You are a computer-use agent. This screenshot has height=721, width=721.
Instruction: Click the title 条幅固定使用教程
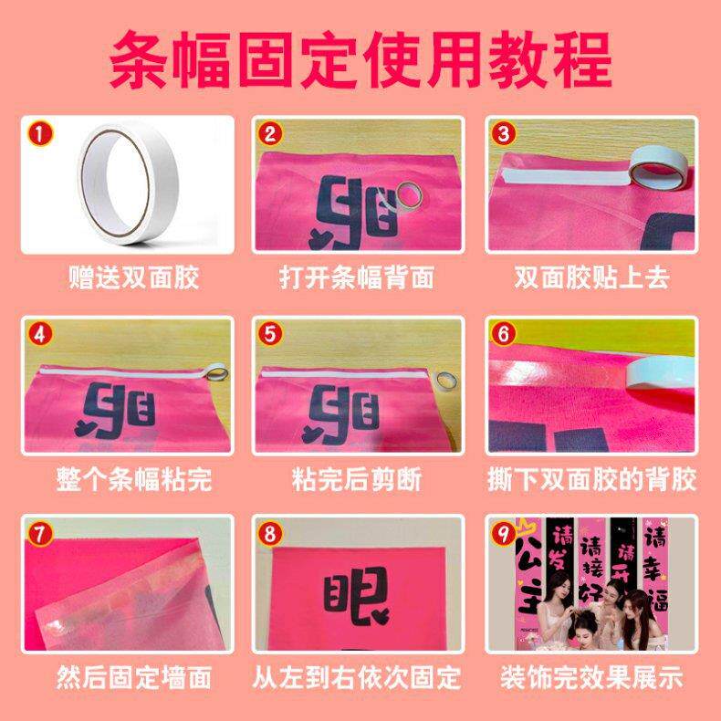tap(360, 57)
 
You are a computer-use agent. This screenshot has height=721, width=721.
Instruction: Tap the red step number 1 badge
tap(38, 134)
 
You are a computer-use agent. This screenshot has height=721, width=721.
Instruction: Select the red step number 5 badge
tap(268, 334)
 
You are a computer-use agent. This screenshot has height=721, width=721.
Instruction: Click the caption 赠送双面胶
tap(133, 277)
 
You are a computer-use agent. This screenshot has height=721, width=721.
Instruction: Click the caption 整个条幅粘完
tap(133, 476)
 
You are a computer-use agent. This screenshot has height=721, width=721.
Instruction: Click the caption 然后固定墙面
tap(133, 677)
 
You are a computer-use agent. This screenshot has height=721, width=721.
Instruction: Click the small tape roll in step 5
tap(446, 379)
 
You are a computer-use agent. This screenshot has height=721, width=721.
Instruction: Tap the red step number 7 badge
tap(38, 533)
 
